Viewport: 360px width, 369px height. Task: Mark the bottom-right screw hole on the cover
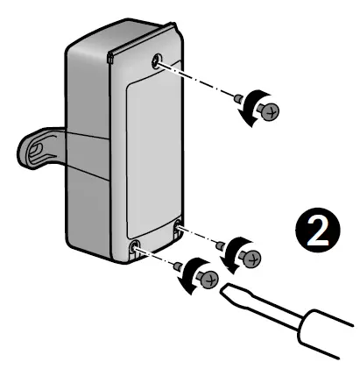click(180, 230)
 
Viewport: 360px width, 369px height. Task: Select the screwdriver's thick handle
click(328, 337)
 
